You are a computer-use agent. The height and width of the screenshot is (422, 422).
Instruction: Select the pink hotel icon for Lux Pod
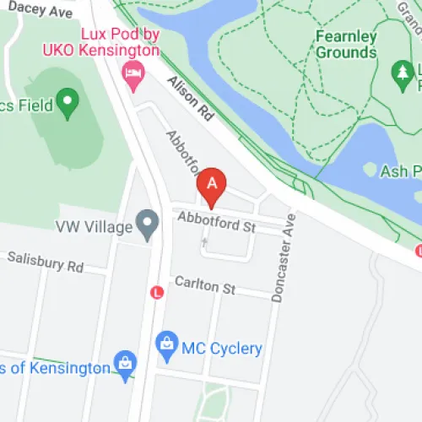pyautogui.click(x=133, y=73)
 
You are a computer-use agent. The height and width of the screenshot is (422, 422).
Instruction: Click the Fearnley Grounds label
pyautogui.click(x=345, y=45)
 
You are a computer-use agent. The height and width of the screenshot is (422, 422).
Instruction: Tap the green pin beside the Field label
pyautogui.click(x=66, y=104)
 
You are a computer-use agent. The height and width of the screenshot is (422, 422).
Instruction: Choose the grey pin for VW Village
pyautogui.click(x=149, y=225)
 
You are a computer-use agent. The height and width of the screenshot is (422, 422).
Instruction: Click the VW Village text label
pyautogui.click(x=95, y=227)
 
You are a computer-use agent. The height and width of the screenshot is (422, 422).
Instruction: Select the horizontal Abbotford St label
pyautogui.click(x=216, y=224)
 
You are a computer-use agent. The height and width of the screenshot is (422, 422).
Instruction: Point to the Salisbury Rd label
pyautogui.click(x=46, y=262)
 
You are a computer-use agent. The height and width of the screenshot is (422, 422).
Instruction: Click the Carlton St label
pyautogui.click(x=204, y=286)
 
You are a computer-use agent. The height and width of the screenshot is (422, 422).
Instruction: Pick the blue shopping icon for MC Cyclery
pyautogui.click(x=167, y=344)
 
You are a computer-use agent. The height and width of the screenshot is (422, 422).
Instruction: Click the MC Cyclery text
pyautogui.click(x=223, y=348)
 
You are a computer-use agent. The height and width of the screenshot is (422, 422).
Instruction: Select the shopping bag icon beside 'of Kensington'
pyautogui.click(x=125, y=364)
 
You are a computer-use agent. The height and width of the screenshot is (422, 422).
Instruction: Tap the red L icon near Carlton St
pyautogui.click(x=155, y=291)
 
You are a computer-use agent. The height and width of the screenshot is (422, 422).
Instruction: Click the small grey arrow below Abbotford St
pyautogui.click(x=203, y=243)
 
